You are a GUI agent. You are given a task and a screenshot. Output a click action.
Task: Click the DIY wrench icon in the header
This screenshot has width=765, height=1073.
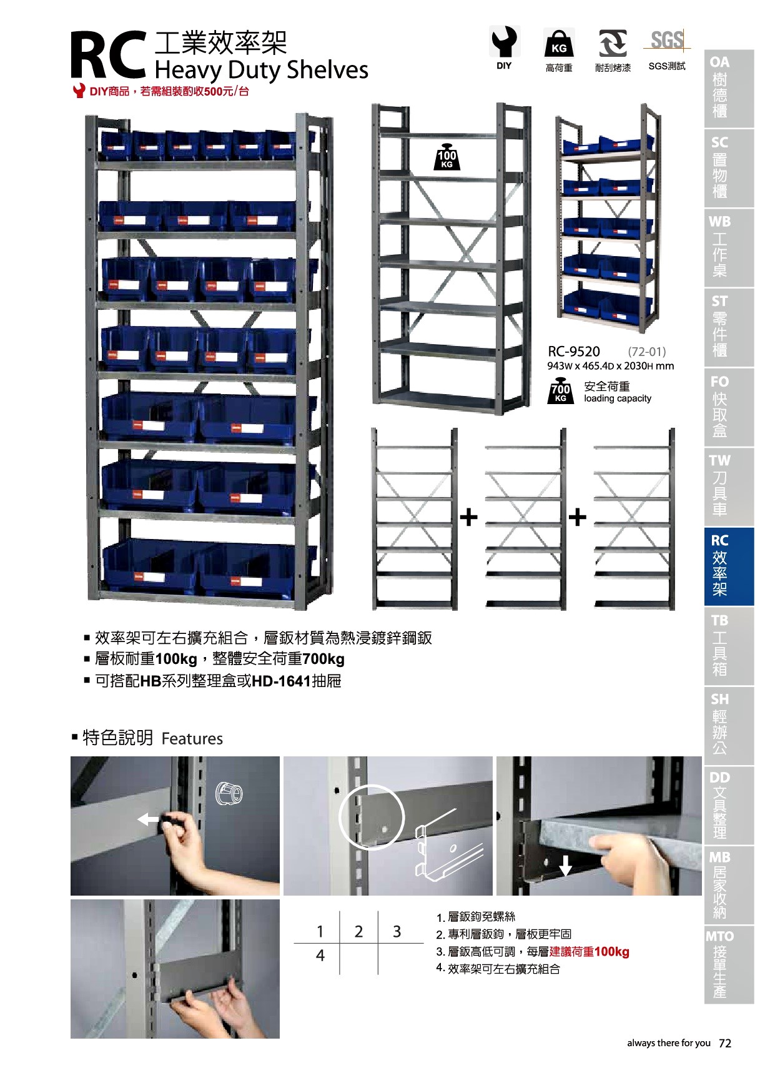pyautogui.click(x=504, y=42)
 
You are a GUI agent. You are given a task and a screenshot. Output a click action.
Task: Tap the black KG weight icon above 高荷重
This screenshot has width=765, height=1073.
pyautogui.click(x=559, y=43)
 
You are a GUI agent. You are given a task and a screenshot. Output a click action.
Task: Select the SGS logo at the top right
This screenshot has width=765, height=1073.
pyautogui.click(x=667, y=41)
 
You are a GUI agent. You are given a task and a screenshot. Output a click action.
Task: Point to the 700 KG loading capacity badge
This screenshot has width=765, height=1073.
pyautogui.click(x=560, y=392)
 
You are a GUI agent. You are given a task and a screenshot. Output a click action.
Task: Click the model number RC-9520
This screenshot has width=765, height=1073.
pyautogui.click(x=574, y=352)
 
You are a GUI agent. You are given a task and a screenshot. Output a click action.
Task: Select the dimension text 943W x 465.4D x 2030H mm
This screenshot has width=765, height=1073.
pyautogui.click(x=611, y=366)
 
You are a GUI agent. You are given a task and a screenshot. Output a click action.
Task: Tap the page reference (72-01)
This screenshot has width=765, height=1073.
pyautogui.click(x=647, y=352)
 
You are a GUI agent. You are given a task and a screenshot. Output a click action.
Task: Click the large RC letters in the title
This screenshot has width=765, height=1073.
pyautogui.click(x=107, y=56)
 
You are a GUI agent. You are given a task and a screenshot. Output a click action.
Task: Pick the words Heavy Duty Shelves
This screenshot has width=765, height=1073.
pyautogui.click(x=261, y=69)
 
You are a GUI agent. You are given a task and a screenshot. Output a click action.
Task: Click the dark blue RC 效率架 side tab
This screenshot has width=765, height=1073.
pyautogui.click(x=729, y=566)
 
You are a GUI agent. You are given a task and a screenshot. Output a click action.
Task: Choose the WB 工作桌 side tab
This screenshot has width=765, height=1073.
pyautogui.click(x=729, y=247)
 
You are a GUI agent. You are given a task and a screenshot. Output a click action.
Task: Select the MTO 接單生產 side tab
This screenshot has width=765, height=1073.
pyautogui.click(x=729, y=965)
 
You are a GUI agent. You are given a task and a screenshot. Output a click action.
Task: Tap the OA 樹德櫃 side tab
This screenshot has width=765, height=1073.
pyautogui.click(x=729, y=88)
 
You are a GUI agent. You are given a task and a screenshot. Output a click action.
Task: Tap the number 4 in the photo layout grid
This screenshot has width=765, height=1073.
pyautogui.click(x=320, y=955)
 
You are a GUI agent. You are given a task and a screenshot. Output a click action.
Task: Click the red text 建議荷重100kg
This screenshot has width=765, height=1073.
pyautogui.click(x=589, y=952)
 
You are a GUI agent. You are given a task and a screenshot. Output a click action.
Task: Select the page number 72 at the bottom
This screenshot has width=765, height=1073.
pyautogui.click(x=725, y=1043)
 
